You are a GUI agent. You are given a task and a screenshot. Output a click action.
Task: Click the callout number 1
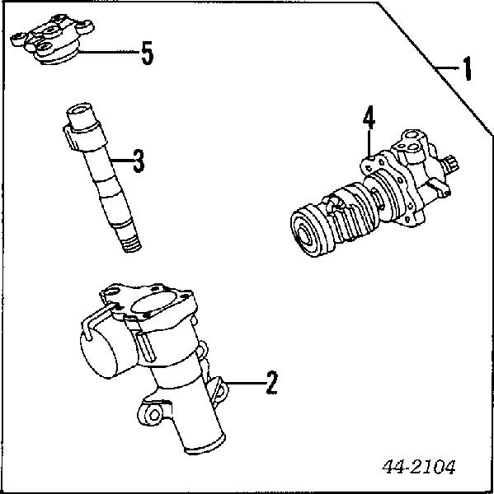click(x=466, y=69)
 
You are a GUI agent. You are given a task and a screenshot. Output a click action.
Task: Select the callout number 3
click(x=138, y=162)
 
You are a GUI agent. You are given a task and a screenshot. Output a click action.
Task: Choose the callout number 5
click(x=146, y=54)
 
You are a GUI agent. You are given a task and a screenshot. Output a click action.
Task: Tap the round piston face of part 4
click(x=306, y=233)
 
